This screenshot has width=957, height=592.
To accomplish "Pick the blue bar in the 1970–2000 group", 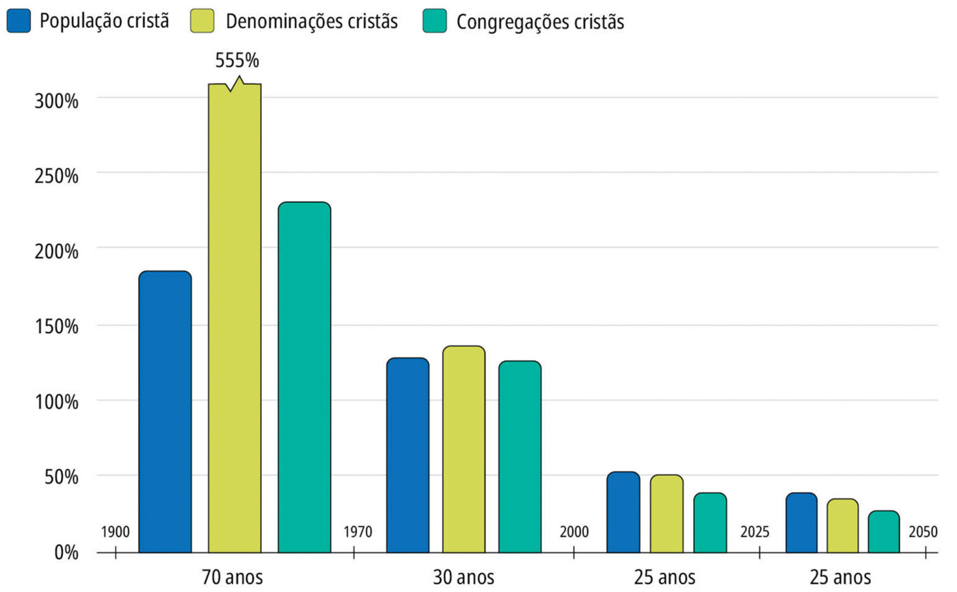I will [x=407, y=455].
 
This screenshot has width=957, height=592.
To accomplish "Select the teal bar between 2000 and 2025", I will [x=710, y=522].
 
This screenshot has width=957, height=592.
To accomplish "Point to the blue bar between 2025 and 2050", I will [x=801, y=522].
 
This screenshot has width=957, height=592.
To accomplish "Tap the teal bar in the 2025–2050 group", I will [x=884, y=531].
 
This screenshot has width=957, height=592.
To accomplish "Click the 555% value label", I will [x=237, y=61].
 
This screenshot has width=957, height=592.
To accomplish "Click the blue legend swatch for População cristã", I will [x=19, y=21].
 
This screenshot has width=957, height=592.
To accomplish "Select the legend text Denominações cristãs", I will [x=311, y=21].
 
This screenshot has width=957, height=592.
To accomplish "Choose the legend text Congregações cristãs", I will [x=540, y=22].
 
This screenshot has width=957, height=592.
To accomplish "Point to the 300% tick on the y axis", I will [x=57, y=100].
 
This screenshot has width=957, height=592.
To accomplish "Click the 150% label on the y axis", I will [x=57, y=326].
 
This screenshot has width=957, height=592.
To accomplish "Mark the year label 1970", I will [x=358, y=532].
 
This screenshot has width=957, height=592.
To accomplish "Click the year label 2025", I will [x=755, y=532].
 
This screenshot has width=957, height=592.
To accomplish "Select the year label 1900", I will [x=115, y=532].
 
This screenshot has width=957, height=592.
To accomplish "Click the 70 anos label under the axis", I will [x=232, y=577].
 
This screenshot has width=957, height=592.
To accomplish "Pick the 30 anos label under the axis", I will [x=463, y=577].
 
